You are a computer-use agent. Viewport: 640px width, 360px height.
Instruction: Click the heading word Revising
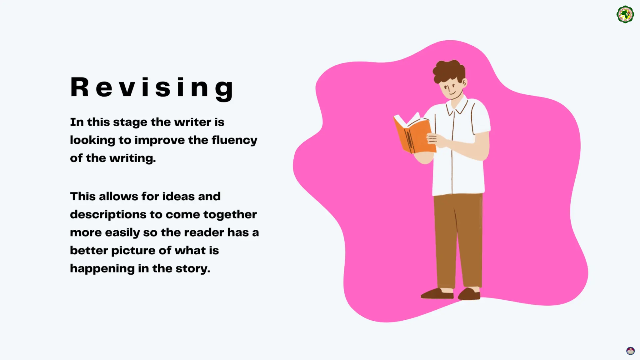click(x=152, y=88)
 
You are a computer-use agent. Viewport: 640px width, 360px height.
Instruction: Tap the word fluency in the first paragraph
click(x=234, y=140)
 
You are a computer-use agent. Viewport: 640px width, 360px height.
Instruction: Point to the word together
click(x=230, y=215)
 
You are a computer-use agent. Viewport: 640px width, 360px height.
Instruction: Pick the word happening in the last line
click(x=102, y=269)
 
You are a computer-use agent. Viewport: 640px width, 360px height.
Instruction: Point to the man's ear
click(x=465, y=82)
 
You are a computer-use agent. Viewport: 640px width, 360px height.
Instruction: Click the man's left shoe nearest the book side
click(x=437, y=294)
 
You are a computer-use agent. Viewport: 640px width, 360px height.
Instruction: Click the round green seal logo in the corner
click(x=625, y=14)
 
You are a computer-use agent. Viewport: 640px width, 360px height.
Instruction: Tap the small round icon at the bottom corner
click(x=630, y=351)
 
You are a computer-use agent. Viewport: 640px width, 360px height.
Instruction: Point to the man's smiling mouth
click(x=452, y=93)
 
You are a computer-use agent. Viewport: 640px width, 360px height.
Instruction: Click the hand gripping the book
click(x=435, y=139)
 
